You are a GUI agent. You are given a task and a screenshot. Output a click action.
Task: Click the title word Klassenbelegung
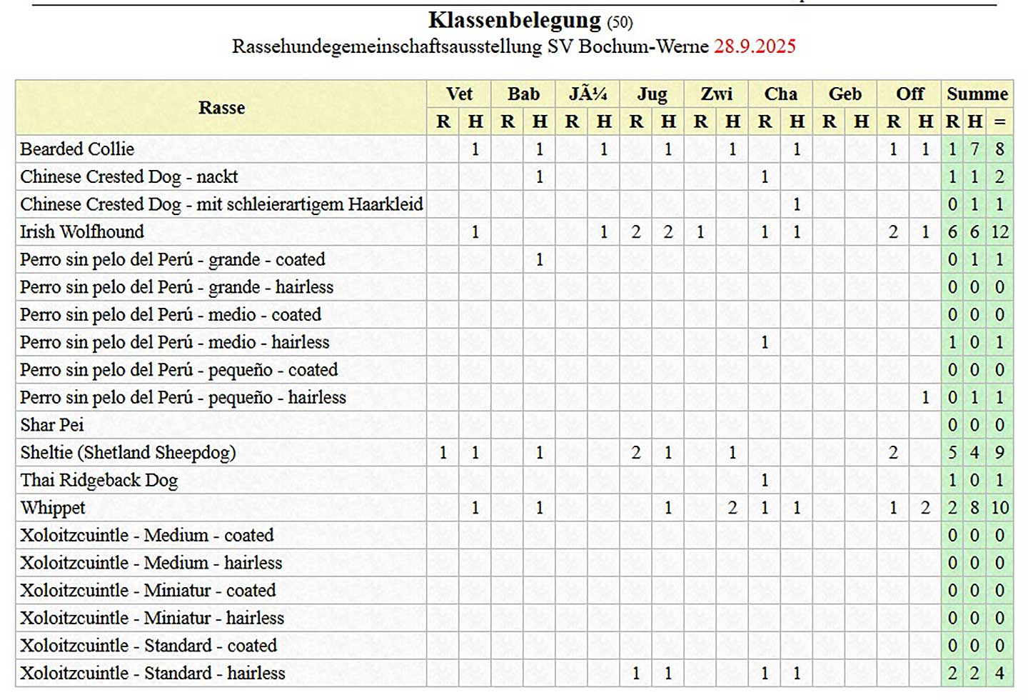point(514,20)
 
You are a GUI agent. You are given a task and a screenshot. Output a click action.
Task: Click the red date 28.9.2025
point(755,46)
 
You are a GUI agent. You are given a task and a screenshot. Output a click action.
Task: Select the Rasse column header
point(221,108)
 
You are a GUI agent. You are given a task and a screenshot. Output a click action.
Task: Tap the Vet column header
point(459,94)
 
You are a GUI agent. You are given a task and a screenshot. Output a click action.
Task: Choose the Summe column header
point(977,94)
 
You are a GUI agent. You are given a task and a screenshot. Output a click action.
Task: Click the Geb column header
point(845,94)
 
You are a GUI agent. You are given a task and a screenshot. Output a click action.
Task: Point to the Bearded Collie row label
point(77,149)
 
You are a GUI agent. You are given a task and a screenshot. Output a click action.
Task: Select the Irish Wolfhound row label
point(82,231)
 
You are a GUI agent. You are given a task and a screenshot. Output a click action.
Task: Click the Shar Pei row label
point(52,425)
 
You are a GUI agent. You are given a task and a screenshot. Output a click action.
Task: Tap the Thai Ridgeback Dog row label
point(99,480)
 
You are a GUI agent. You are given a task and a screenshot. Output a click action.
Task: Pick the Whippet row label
point(53,508)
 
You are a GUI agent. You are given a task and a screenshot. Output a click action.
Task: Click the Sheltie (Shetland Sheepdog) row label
point(128,452)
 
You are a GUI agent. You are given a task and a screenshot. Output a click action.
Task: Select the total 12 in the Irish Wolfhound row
point(999,231)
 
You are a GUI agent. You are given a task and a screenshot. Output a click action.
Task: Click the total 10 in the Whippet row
point(999,508)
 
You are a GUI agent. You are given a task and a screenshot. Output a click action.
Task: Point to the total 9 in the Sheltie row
point(999,452)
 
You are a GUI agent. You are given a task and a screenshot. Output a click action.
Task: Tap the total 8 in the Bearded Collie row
point(999,149)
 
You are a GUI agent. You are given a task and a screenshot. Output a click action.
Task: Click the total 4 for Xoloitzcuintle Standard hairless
point(999,673)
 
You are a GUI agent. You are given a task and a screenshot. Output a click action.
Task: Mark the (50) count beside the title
point(619,22)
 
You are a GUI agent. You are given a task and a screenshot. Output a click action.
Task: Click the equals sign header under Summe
point(999,121)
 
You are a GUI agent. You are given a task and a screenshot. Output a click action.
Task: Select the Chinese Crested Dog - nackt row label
point(128,176)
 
